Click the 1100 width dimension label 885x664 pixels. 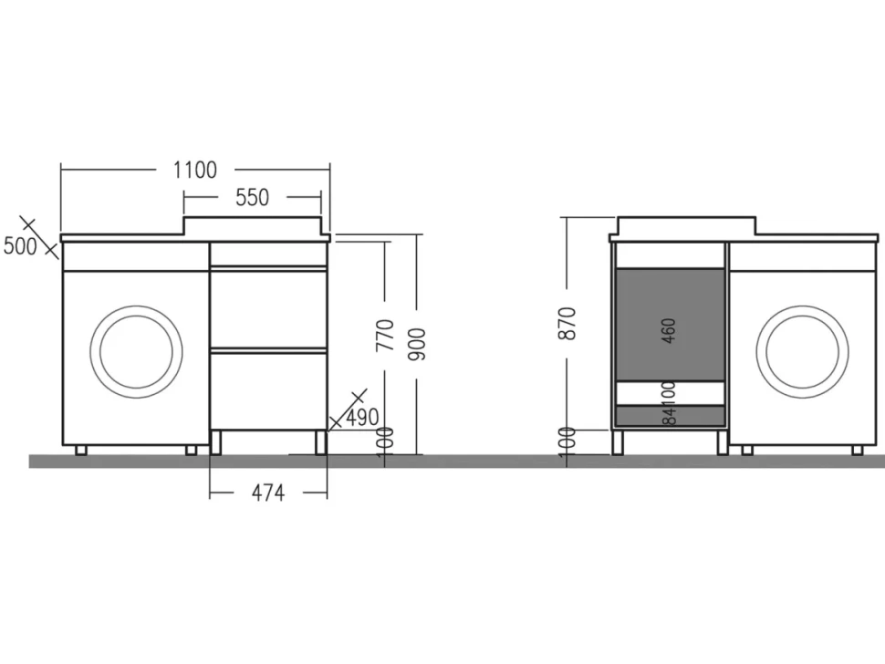click(x=194, y=170)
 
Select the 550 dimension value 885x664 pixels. click(x=253, y=197)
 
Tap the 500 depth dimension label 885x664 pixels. click(x=20, y=246)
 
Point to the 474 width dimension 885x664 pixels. click(x=268, y=493)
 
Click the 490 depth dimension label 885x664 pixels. click(x=362, y=418)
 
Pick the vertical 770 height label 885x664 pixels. click(x=385, y=335)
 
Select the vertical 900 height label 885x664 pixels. click(x=417, y=344)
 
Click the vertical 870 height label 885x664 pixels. click(x=567, y=323)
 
